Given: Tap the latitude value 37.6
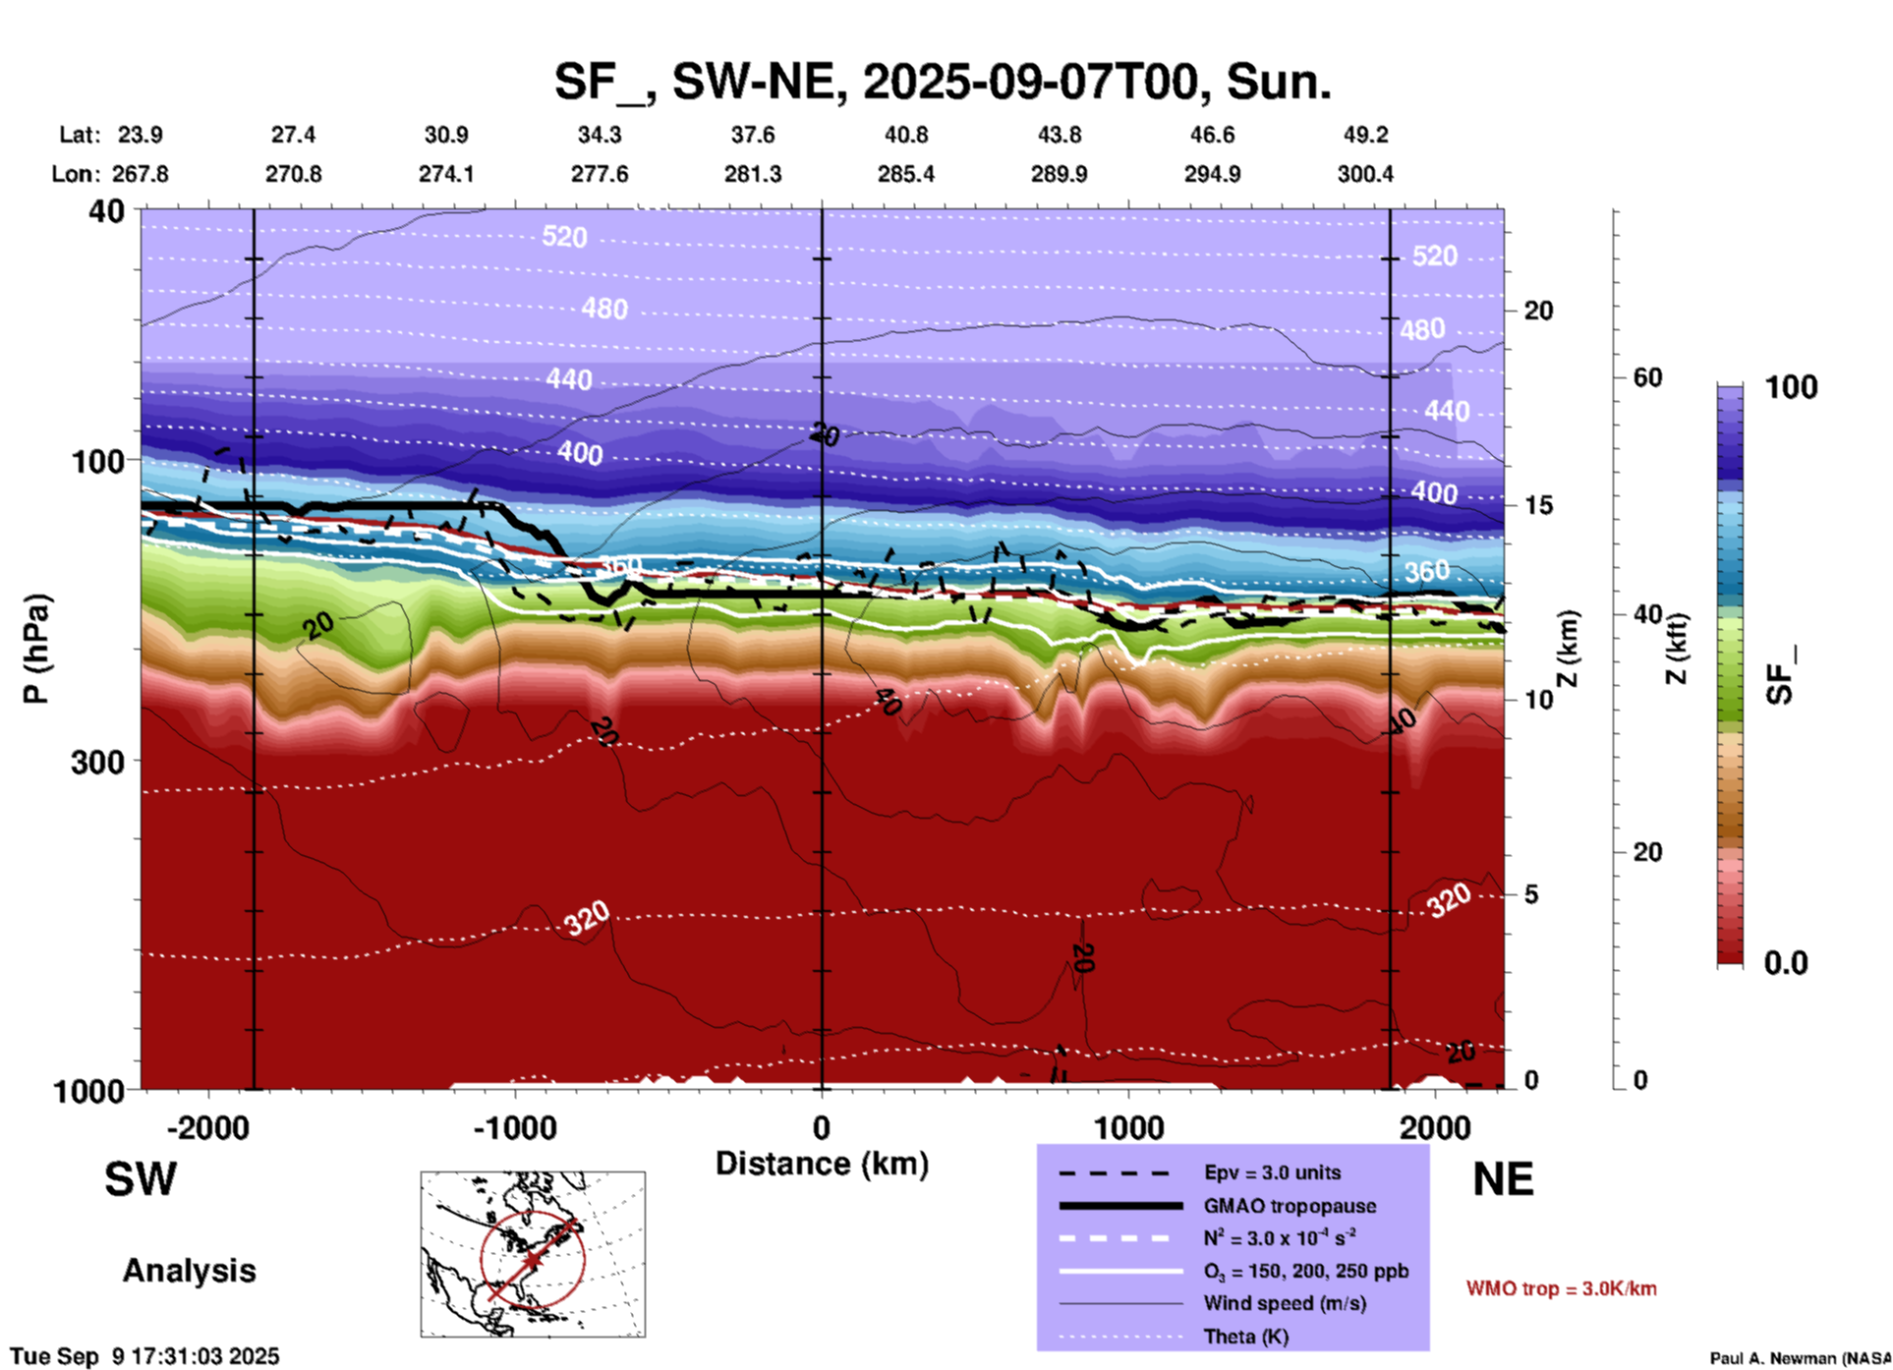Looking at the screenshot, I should pos(753,135).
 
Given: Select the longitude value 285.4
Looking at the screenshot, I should pos(905,174).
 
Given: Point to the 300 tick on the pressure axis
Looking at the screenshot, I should pos(97,762).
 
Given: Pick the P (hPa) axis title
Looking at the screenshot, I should pos(36,649).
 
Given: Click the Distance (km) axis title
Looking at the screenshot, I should pos(822,1164).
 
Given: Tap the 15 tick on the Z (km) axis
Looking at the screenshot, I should pos(1538,505).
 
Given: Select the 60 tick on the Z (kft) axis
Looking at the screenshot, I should pos(1647,377).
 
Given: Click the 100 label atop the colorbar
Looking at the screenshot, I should pos(1791,387).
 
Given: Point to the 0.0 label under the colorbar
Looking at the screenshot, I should pos(1786,963).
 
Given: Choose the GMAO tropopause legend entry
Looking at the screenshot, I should pos(1289,1206).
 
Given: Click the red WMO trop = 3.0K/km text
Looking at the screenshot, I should pos(1561,1288).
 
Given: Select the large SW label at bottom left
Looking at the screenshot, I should pos(141,1179).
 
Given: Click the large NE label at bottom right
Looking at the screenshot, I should pos(1503,1179).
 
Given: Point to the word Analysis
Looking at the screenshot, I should pos(189,1271).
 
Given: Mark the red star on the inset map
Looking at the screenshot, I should pos(532,1259).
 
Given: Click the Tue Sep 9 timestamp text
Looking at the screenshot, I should pos(144,1356).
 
